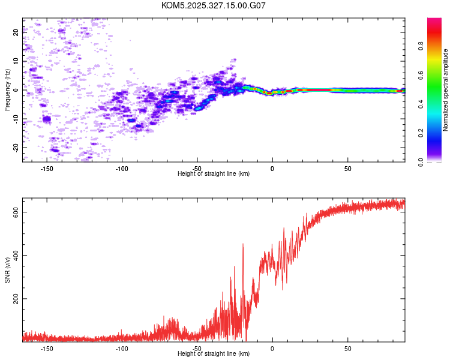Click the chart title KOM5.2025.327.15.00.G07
(214, 5)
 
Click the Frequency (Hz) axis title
(7, 90)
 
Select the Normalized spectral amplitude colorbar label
(445, 90)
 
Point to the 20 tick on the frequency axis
(16, 32)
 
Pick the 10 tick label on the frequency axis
(16, 61)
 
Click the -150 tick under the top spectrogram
(47, 169)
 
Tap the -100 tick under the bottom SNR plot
(122, 349)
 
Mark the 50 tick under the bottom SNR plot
(348, 349)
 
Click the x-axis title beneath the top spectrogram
(214, 174)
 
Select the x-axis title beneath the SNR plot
(214, 354)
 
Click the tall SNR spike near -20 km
(243, 245)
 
